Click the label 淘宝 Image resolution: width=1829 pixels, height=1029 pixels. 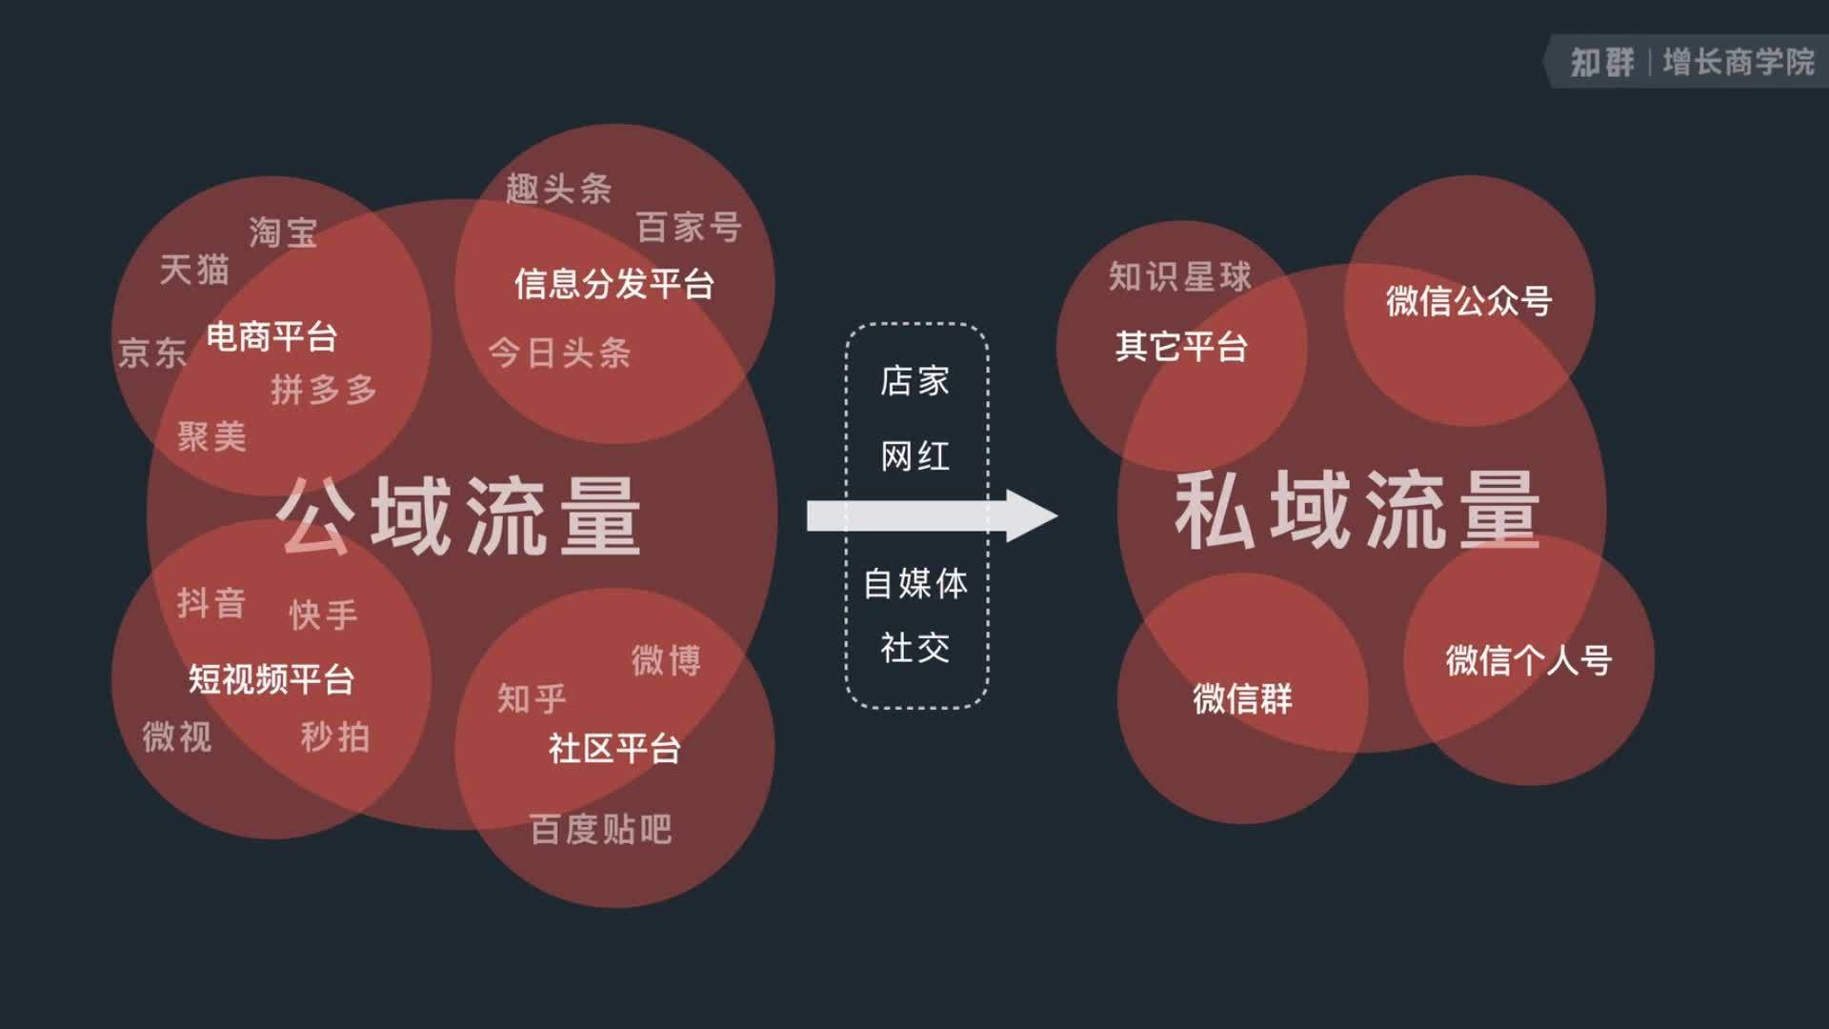(x=283, y=232)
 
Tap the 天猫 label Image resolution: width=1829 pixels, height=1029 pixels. (x=194, y=270)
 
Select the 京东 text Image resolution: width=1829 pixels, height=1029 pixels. (x=152, y=353)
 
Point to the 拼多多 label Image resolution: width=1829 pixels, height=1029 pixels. (x=324, y=390)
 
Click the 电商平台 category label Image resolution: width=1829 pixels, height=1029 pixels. (x=272, y=336)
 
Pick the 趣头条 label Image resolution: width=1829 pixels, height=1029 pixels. (x=559, y=189)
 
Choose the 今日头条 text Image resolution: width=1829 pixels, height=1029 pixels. (x=560, y=353)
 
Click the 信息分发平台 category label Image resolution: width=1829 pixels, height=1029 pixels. (x=614, y=284)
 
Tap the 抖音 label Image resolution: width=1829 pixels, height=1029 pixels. (x=211, y=603)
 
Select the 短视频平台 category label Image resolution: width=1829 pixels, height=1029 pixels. (x=271, y=679)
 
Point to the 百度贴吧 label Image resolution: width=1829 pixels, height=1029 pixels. (x=601, y=829)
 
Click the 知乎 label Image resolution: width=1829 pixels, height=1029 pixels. (x=532, y=698)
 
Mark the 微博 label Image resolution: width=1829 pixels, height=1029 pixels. (x=667, y=660)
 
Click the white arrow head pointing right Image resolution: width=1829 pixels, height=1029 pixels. (x=1032, y=516)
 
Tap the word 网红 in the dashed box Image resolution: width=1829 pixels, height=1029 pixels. (x=915, y=456)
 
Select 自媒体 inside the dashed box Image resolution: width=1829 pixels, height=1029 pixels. (x=915, y=583)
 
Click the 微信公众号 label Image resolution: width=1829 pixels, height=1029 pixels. (x=1469, y=301)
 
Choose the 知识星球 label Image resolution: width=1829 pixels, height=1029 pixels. (x=1180, y=277)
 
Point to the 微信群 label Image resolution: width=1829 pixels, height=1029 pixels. (x=1243, y=698)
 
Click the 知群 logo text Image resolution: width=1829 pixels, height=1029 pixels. (x=1602, y=63)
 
